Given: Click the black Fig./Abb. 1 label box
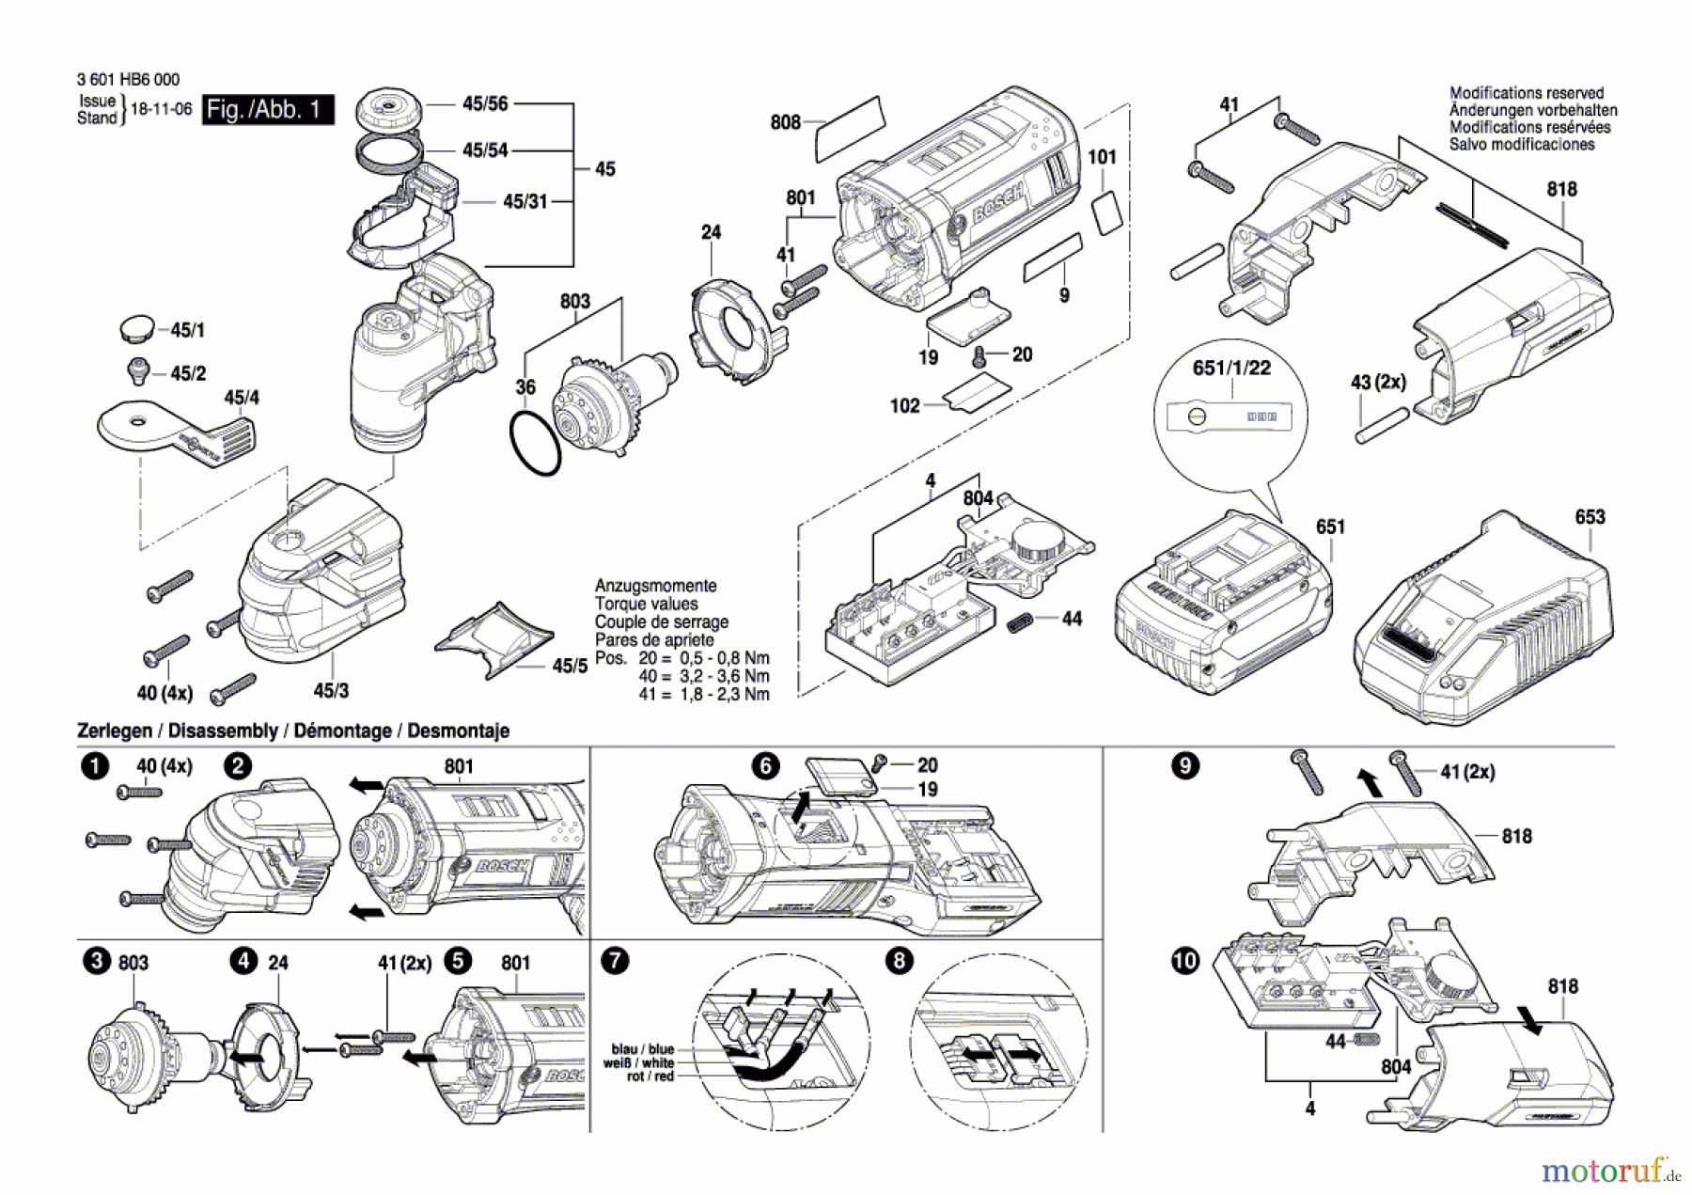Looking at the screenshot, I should click(x=268, y=109).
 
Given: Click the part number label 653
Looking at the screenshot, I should click(x=1590, y=516).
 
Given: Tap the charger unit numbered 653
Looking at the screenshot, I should click(x=1485, y=621).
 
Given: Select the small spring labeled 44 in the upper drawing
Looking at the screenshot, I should click(x=1020, y=621).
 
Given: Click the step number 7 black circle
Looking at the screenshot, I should click(x=615, y=961).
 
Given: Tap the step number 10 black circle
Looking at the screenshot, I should click(x=1185, y=961).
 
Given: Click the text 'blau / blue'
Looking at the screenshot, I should click(x=643, y=1049).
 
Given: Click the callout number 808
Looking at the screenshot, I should click(x=785, y=122).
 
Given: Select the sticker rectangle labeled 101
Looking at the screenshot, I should click(x=1107, y=213).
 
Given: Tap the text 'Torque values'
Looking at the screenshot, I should click(x=646, y=604).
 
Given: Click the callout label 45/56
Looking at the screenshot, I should click(x=485, y=103).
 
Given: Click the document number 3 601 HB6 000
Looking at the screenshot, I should click(x=128, y=80).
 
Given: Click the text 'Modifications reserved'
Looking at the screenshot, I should click(x=1527, y=93).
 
